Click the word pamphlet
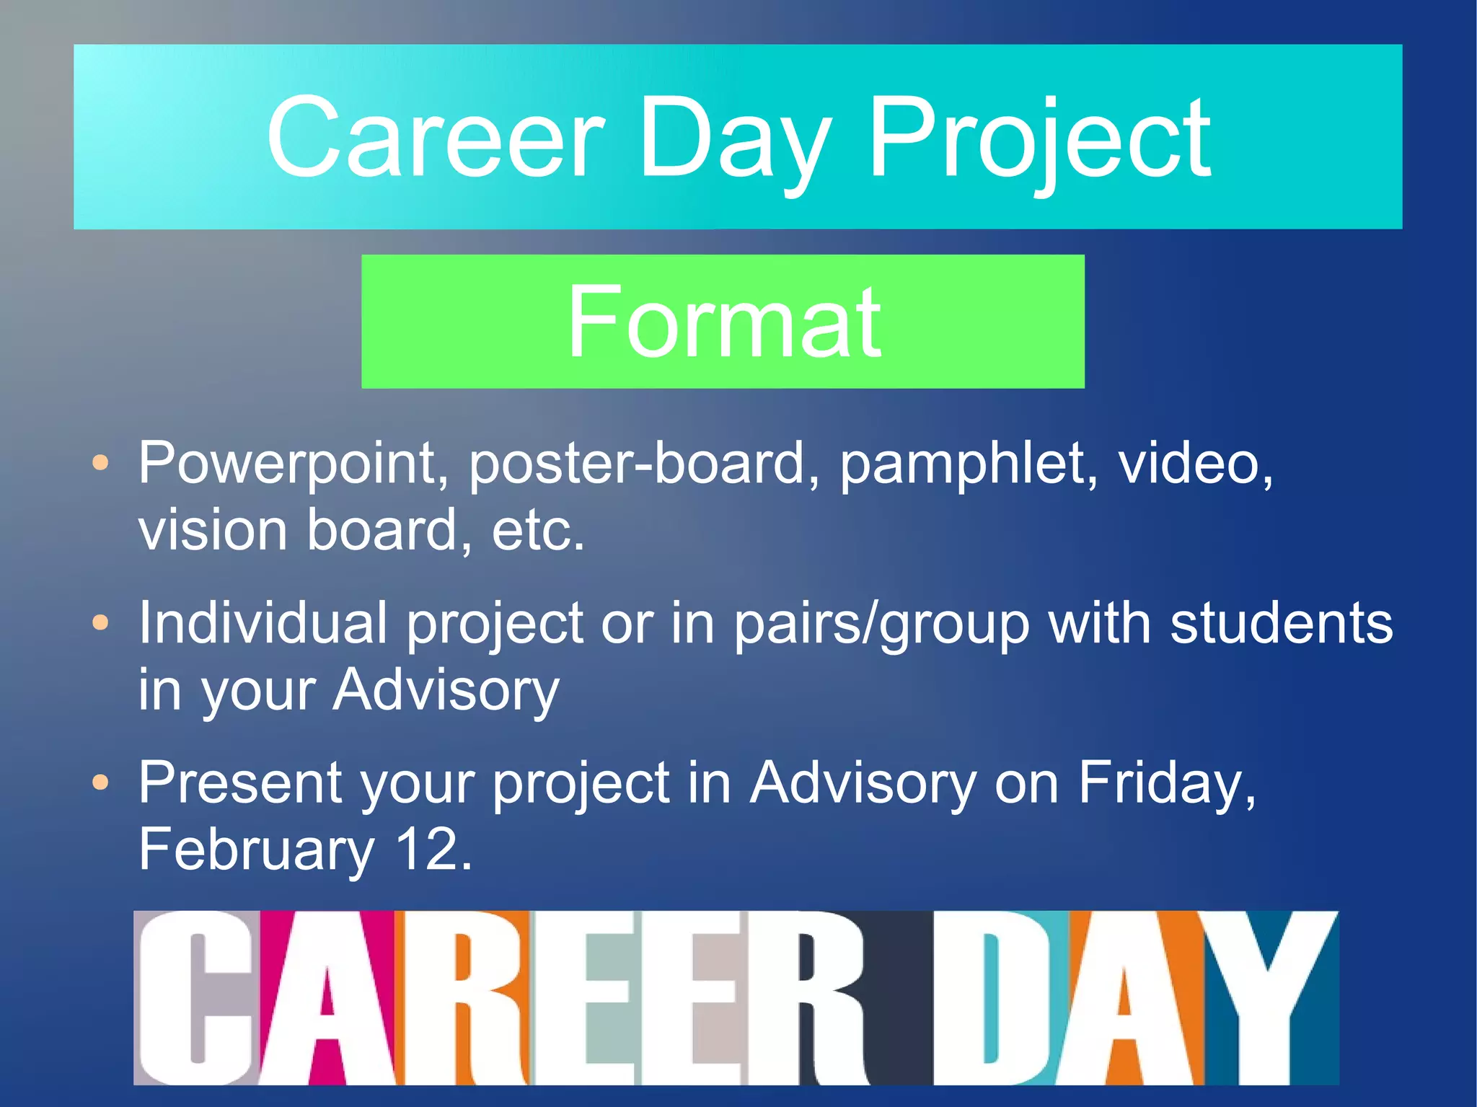point(969,464)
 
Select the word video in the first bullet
point(1194,462)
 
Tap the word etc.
point(537,530)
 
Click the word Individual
point(263,622)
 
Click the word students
point(1281,622)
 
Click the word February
point(256,850)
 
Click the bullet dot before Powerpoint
point(101,463)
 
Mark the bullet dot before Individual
point(101,622)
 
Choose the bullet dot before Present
point(101,782)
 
